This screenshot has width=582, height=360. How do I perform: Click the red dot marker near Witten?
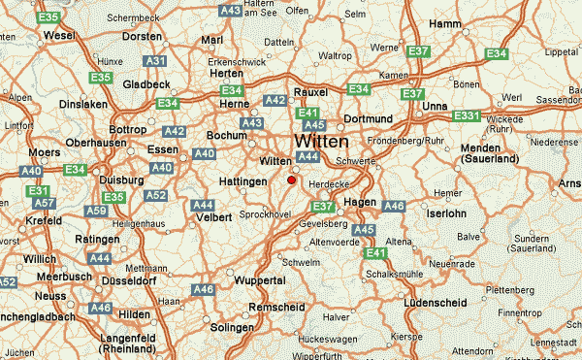[x=291, y=179]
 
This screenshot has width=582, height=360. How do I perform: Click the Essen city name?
[x=163, y=149]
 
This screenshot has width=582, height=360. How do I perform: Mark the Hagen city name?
[x=361, y=201]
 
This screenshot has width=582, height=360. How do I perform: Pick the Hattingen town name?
[x=242, y=181]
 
